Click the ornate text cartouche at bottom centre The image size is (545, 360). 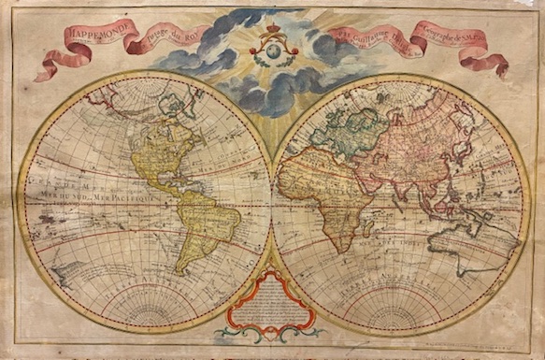coord(270,304)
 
